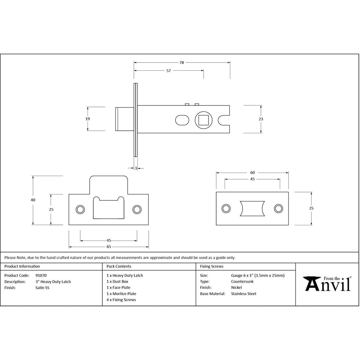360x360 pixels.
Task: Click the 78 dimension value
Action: pos(182,63)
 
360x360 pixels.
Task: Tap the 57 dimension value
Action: pos(168,71)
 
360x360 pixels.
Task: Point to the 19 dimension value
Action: pos(88,119)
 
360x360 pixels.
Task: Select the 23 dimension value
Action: pos(261,119)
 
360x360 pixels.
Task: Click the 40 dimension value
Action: pos(33,200)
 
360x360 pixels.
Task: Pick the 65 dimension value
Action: pos(109,246)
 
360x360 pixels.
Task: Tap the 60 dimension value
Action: pos(252,173)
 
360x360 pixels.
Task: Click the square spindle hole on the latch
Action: pos(204,120)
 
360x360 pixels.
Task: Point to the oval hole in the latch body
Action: pos(182,120)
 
